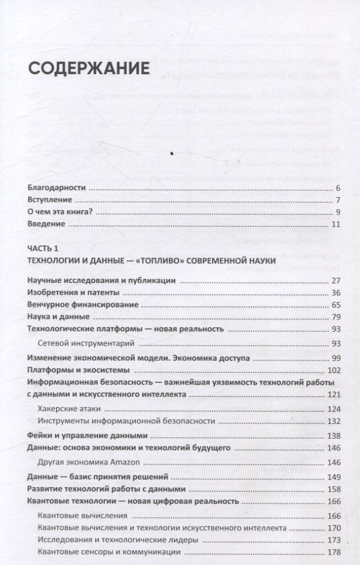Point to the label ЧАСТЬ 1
pyautogui.click(x=44, y=248)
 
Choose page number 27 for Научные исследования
pyautogui.click(x=335, y=281)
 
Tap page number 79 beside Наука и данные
pyautogui.click(x=335, y=317)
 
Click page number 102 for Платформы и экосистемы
pyautogui.click(x=333, y=370)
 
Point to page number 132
pyautogui.click(x=333, y=421)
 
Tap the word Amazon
pyautogui.click(x=126, y=462)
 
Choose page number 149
pyautogui.click(x=333, y=477)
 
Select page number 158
pyautogui.click(x=333, y=489)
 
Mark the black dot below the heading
pyautogui.click(x=171, y=153)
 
